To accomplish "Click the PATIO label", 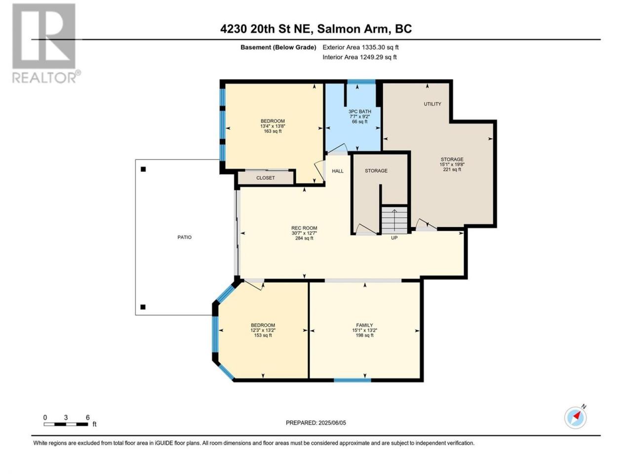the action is click(x=184, y=237).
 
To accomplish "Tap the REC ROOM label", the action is click(x=304, y=228).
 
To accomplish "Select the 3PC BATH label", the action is click(x=359, y=112).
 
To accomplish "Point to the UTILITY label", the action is click(x=432, y=104).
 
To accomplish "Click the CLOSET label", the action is click(x=266, y=178).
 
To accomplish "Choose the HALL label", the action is click(x=338, y=171).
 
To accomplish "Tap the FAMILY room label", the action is click(x=364, y=325).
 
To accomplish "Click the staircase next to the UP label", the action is click(x=395, y=220).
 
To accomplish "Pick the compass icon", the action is click(x=575, y=418).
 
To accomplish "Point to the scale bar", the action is click(x=66, y=424).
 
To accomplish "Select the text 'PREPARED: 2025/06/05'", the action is click(x=316, y=423).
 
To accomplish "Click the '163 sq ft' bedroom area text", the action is click(x=273, y=131).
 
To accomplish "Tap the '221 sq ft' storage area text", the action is click(x=452, y=169).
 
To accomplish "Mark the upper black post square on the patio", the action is click(x=143, y=169).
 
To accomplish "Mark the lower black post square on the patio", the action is click(x=143, y=307).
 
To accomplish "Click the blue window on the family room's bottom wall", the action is click(x=353, y=380).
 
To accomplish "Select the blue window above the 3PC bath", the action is click(x=361, y=82).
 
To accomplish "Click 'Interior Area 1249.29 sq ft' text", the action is click(x=359, y=57).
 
